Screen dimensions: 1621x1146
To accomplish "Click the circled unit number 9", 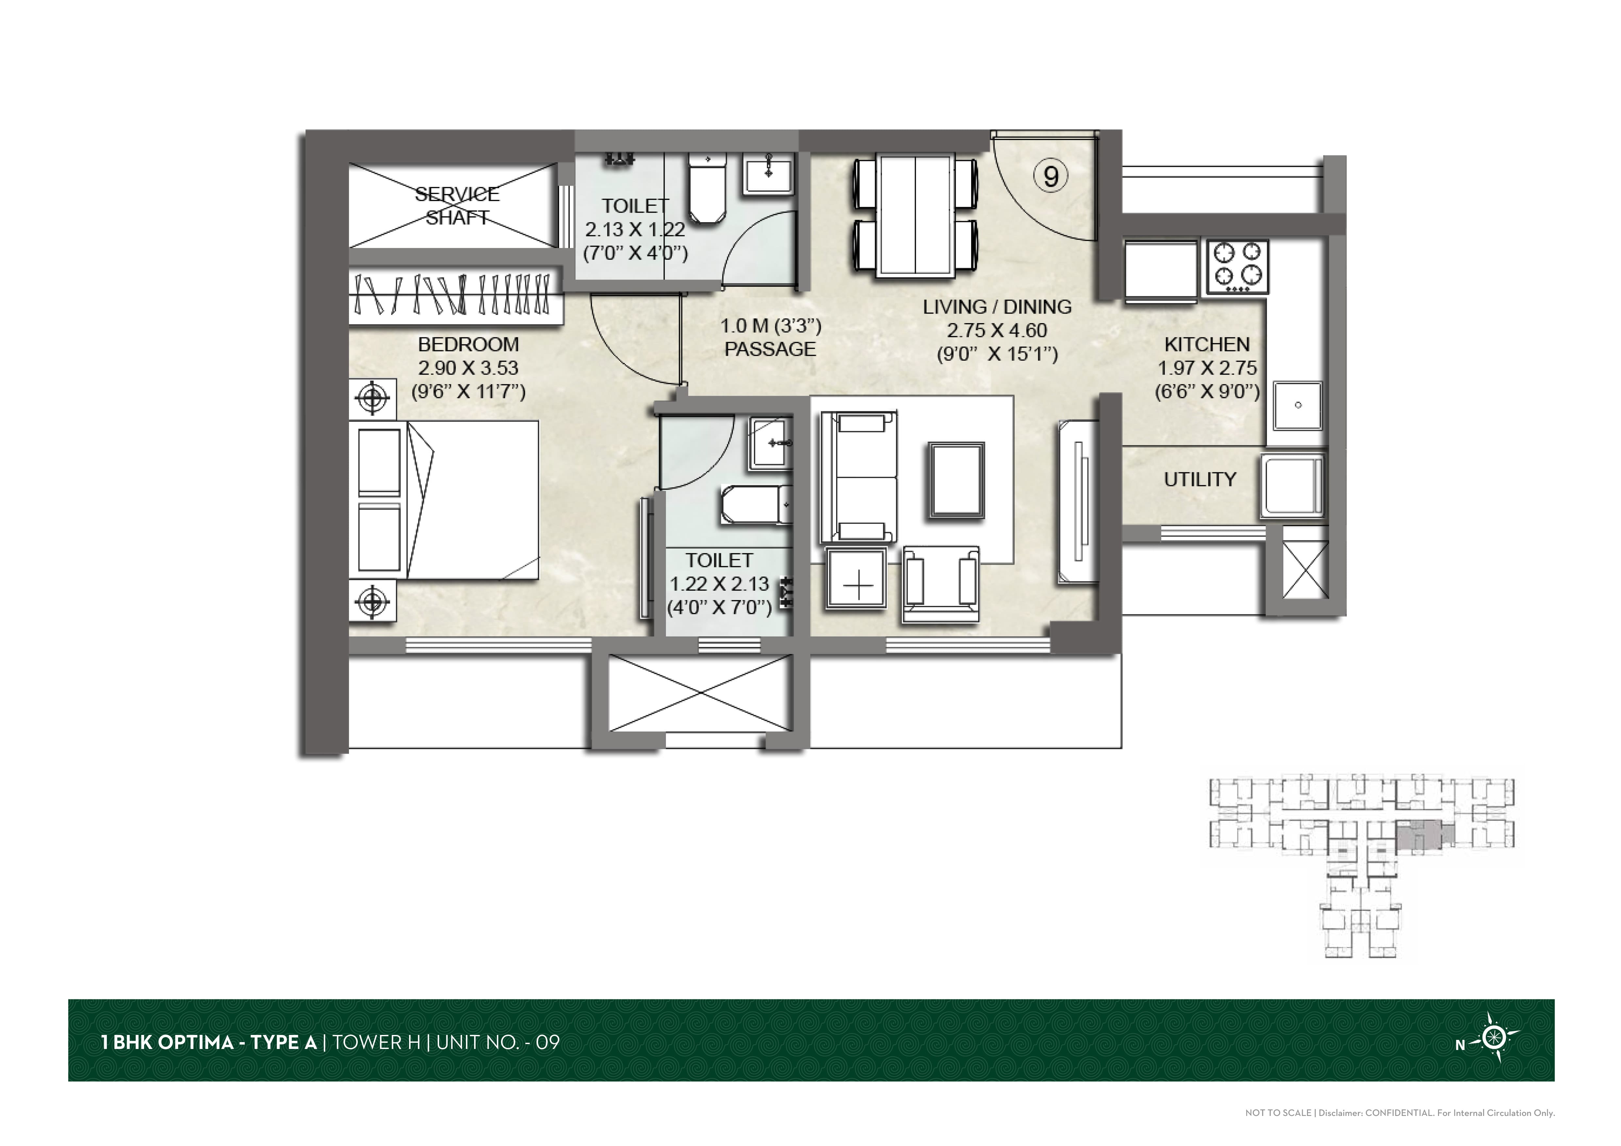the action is pos(1050,176).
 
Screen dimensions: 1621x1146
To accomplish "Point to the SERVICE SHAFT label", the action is pos(457,205).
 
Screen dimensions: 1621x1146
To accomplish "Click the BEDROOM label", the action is pos(468,344).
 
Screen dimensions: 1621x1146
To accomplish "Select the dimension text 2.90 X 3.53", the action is pos(468,368).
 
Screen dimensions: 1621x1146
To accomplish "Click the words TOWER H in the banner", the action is pos(376,1042).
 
